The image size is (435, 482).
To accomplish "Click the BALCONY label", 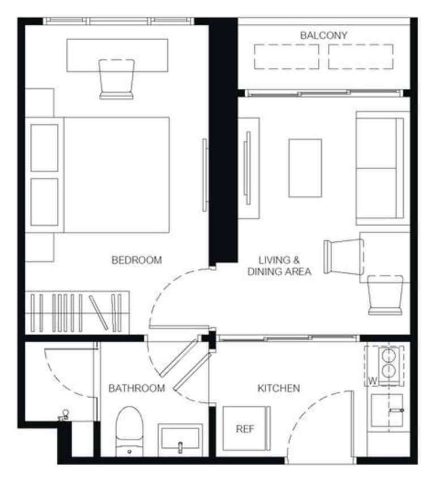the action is (323, 36).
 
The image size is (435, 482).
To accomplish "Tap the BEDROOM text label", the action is (137, 260).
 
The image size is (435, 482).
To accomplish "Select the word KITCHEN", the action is (279, 388).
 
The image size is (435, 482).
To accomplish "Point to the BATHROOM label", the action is (137, 388).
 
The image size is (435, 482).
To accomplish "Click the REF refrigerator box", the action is (246, 429).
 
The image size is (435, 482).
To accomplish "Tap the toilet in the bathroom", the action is (129, 431).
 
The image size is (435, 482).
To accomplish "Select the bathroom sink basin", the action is (180, 440).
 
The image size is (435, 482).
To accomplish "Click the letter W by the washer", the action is (372, 381).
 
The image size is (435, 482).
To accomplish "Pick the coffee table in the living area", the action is (305, 168).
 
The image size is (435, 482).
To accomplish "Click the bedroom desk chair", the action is (116, 79).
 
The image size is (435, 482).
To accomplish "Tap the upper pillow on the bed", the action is (44, 148).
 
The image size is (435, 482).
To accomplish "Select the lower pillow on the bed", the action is (44, 202).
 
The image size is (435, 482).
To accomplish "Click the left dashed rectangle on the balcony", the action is (287, 57).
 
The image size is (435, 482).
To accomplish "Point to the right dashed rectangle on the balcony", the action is (360, 57).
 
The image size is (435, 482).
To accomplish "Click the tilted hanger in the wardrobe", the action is (99, 312).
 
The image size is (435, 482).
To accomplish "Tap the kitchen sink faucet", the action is (396, 410).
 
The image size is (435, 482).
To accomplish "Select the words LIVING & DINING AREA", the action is (279, 266).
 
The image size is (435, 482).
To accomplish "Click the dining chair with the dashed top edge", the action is (385, 295).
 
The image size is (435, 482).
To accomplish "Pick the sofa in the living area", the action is (383, 168).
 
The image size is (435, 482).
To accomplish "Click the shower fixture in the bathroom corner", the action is (64, 415).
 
